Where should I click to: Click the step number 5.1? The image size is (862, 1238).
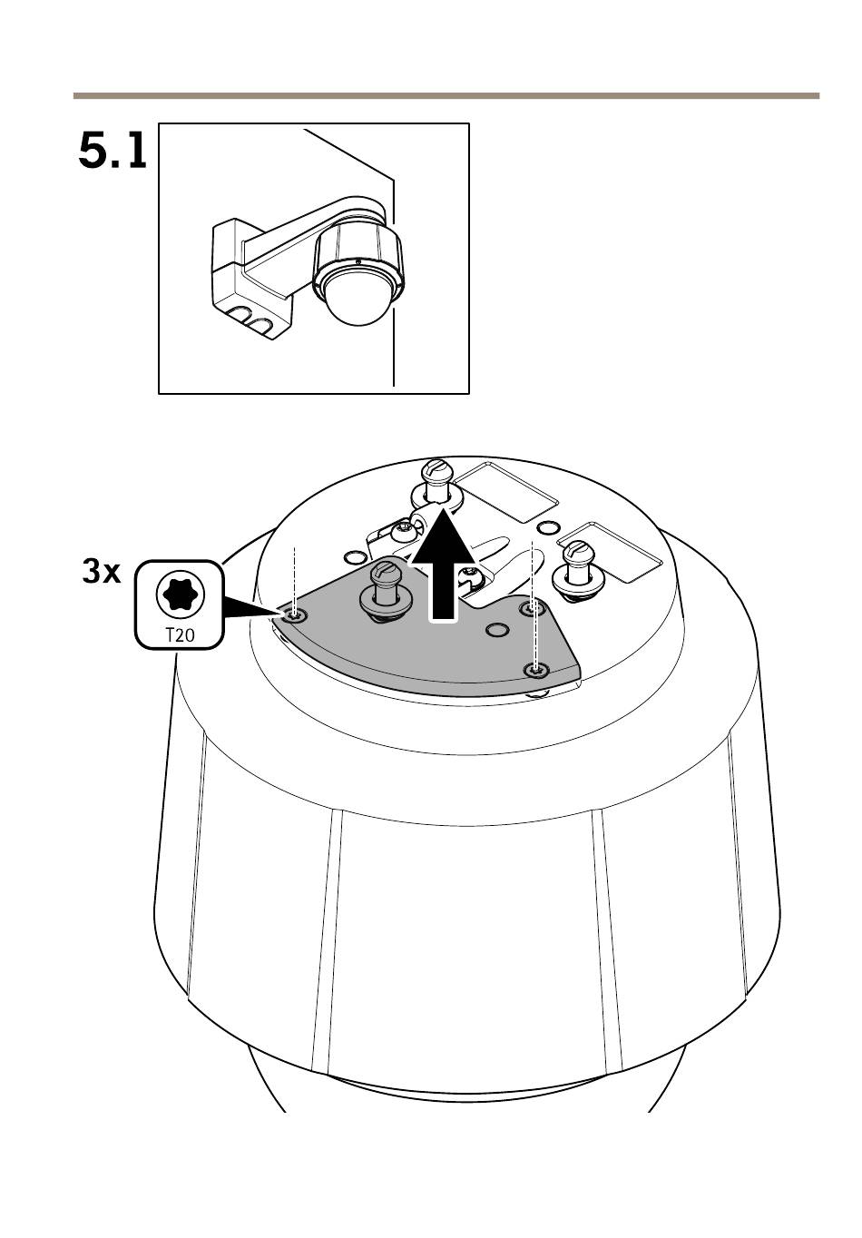tap(113, 151)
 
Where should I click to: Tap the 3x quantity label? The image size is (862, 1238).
tap(102, 573)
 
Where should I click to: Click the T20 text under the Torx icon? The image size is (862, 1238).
tap(180, 635)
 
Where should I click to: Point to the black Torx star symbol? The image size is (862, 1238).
tap(180, 594)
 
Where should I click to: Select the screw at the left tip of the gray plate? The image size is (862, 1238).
tap(293, 616)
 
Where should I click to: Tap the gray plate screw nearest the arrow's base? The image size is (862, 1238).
tap(530, 606)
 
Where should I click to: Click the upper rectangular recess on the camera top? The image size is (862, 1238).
tap(504, 490)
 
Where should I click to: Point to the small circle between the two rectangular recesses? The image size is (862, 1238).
tap(548, 528)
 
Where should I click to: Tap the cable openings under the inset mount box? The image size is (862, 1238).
tap(253, 319)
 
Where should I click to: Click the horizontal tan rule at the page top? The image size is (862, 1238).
tap(445, 95)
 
